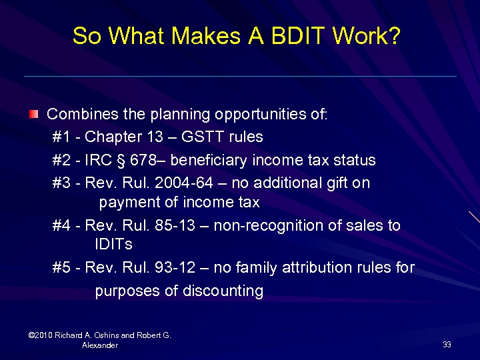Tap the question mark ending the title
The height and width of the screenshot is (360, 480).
click(x=394, y=36)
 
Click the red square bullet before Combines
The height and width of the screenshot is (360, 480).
click(x=34, y=114)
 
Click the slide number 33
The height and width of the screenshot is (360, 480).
click(x=447, y=345)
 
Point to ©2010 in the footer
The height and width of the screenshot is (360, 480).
click(x=42, y=335)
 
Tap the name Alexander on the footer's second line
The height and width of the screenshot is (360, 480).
click(x=100, y=345)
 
